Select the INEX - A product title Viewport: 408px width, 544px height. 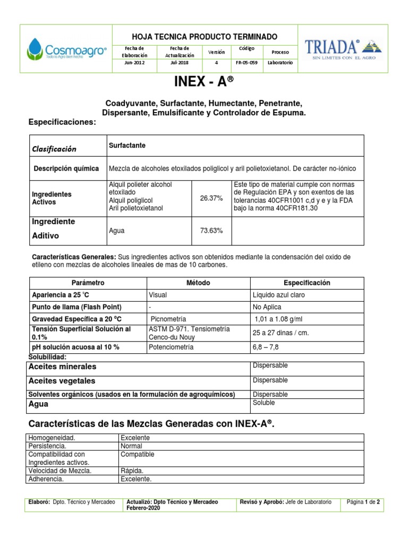tap(204, 82)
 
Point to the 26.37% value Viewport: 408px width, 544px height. tap(211, 198)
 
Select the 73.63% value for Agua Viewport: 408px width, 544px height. tap(211, 231)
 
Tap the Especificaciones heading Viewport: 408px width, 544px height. tap(62, 123)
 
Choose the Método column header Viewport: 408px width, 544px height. tap(198, 283)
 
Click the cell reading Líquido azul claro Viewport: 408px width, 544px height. tap(278, 295)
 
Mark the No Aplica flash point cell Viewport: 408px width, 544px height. tap(267, 307)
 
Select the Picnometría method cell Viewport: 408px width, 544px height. tap(168, 319)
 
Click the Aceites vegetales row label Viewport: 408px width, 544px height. tap(62, 381)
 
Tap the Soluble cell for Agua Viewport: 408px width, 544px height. tap(264, 403)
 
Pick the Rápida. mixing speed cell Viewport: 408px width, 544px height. tap(132, 471)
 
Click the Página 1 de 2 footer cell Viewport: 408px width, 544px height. tap(363, 501)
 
